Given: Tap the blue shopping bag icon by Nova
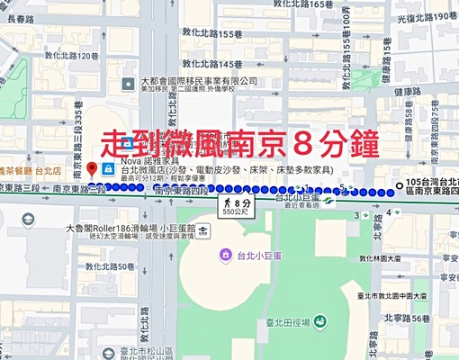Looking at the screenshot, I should pos(109,169).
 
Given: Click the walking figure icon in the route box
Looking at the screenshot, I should pos(222,204).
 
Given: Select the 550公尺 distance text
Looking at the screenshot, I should pos(236,215).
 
